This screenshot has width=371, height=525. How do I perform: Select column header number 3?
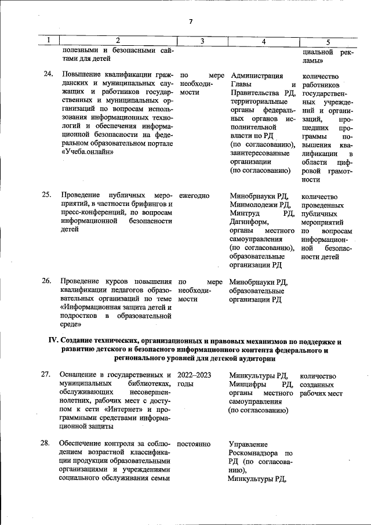(202, 41)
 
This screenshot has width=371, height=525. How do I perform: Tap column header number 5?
(328, 41)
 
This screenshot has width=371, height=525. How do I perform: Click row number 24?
(48, 74)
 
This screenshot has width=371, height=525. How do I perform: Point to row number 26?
(48, 281)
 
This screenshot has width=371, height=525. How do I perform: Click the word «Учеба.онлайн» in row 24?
(87, 151)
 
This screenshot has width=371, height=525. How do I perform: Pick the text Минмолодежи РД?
(260, 204)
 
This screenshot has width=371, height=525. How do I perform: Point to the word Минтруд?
(245, 213)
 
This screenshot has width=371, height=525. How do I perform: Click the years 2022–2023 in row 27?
(194, 375)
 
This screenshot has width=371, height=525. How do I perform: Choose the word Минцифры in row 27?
(248, 384)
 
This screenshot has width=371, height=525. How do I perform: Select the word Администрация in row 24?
(257, 75)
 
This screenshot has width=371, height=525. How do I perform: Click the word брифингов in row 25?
(141, 204)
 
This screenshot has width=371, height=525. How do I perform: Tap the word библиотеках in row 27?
(147, 384)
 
